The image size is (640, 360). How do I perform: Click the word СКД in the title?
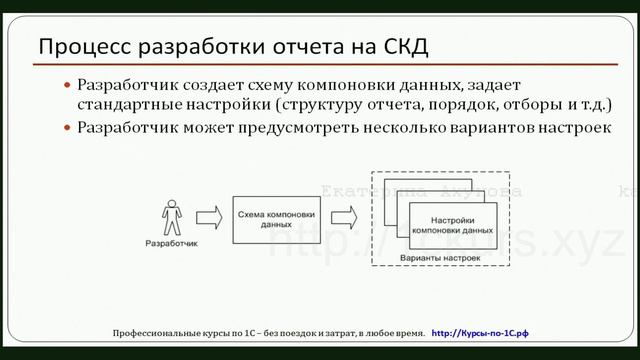404,46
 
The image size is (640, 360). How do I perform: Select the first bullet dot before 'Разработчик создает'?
67,86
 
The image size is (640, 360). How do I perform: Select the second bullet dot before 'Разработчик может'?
67,128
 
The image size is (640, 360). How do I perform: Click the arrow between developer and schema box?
209,217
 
